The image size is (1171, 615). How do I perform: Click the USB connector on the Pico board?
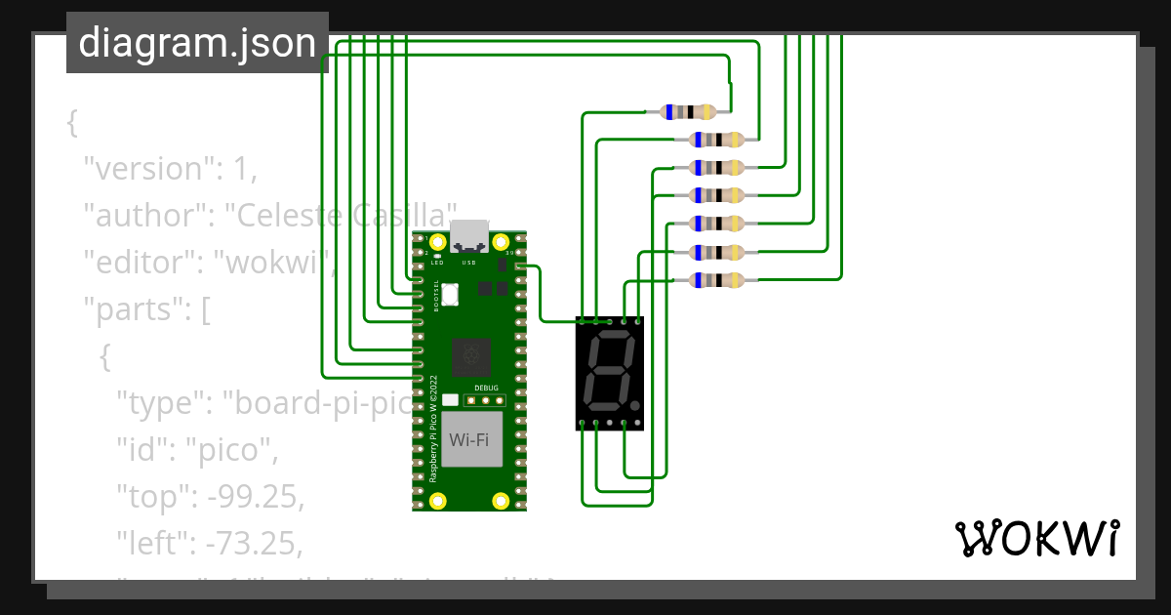[469, 234]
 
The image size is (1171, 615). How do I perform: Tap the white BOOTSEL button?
[450, 293]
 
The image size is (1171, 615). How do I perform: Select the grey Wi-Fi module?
[469, 439]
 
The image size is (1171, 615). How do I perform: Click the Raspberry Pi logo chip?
[471, 355]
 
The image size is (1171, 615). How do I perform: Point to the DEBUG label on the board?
[485, 388]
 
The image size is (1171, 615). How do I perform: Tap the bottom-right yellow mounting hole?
[501, 501]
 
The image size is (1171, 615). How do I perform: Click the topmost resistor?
[688, 112]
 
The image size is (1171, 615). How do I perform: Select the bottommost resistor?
[716, 281]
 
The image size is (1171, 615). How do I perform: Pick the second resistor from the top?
[716, 140]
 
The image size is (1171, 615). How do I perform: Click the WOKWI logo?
[1036, 538]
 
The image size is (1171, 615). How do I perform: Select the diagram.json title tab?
[197, 43]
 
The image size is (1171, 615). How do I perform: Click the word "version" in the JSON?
[147, 169]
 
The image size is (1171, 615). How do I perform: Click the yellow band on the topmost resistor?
[705, 112]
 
